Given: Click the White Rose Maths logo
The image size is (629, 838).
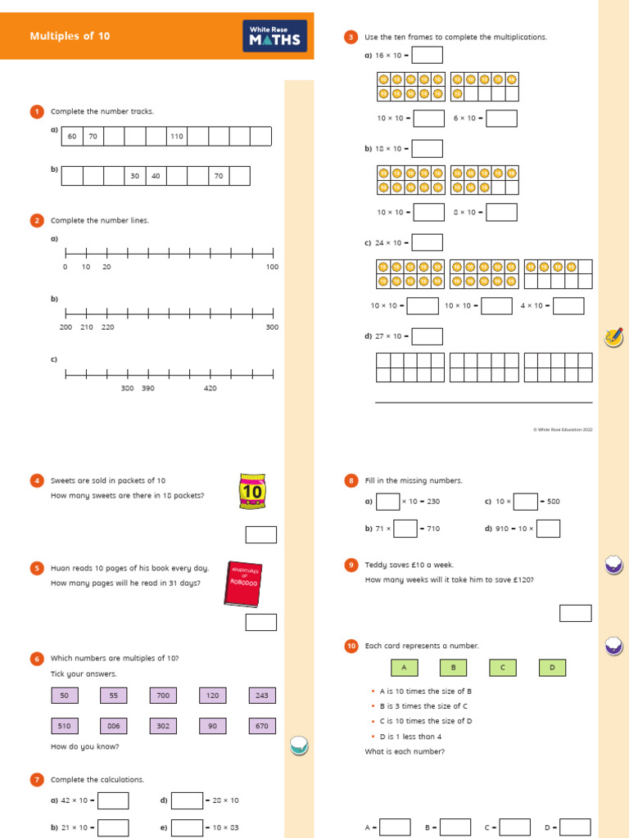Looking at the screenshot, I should (274, 36).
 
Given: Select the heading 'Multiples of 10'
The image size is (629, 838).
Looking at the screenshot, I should (70, 36).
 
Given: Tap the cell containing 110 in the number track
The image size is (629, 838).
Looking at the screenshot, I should (177, 137).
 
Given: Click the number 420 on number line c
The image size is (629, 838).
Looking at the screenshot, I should (210, 388).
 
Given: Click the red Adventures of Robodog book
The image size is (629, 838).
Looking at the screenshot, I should (243, 584).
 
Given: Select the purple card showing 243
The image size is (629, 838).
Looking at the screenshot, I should (261, 696).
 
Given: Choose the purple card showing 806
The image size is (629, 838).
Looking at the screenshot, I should (113, 726).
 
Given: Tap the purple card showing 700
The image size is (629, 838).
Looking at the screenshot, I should (163, 696).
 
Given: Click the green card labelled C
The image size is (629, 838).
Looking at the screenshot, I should (503, 668).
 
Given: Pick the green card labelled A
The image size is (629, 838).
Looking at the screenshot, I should (404, 668).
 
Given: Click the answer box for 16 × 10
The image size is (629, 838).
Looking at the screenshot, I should (427, 55).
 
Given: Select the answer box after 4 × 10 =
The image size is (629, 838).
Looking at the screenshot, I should (568, 306).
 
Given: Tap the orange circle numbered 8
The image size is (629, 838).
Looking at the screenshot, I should (351, 480).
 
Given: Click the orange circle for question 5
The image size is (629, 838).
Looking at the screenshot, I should (37, 568).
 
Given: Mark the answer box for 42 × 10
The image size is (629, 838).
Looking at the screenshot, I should (113, 800).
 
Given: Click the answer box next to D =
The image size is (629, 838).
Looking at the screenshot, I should (575, 827).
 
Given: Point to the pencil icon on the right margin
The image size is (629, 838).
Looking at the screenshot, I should (613, 336).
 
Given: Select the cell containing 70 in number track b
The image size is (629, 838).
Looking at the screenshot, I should (219, 176).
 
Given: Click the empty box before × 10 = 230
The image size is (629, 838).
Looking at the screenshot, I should (387, 502).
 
